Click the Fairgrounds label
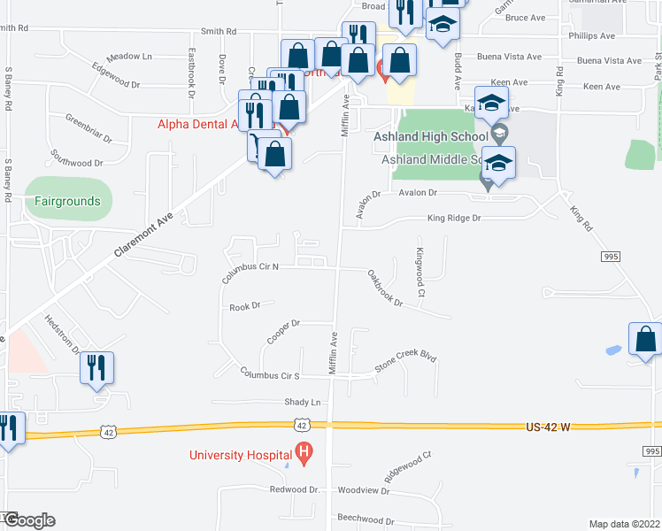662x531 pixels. pyautogui.click(x=67, y=201)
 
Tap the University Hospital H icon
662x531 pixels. pyautogui.click(x=304, y=457)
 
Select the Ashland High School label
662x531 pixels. pyautogui.click(x=435, y=136)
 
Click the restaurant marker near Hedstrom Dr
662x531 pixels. pyautogui.click(x=96, y=368)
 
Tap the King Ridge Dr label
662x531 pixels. pyautogui.click(x=453, y=218)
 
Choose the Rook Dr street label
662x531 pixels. pyautogui.click(x=245, y=306)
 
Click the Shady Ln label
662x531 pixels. pyautogui.click(x=301, y=402)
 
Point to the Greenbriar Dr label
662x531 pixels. pyautogui.click(x=89, y=128)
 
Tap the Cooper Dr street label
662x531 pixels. pyautogui.click(x=284, y=334)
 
